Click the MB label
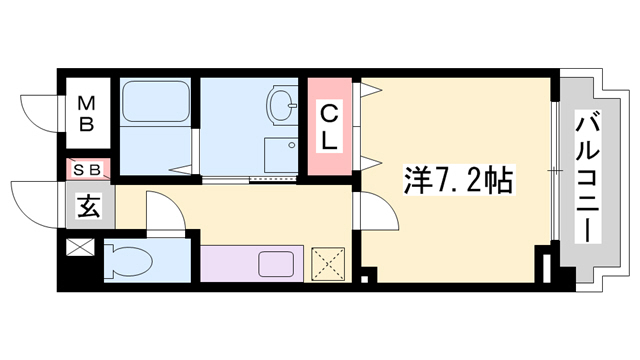87,113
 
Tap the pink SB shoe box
87,170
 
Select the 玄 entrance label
88,209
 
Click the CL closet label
329,128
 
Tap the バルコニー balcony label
587,177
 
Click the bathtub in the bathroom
156,103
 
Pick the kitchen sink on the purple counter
277,265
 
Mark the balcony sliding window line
554,170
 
